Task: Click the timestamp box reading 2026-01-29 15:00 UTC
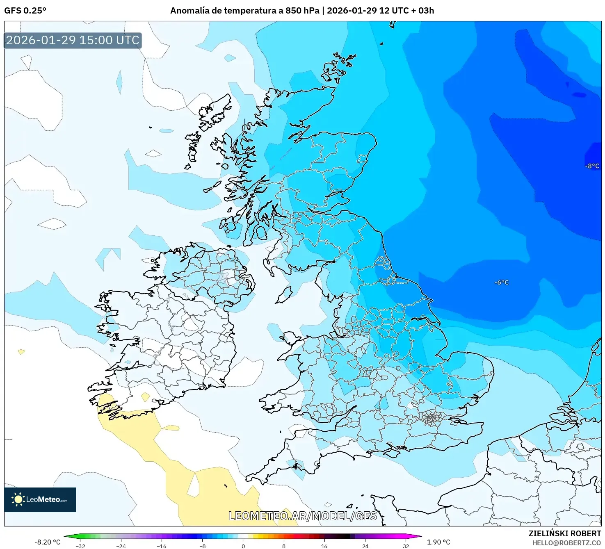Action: point(73,40)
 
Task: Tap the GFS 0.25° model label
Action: point(25,11)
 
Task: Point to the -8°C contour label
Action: point(592,166)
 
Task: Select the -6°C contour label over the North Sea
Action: point(501,282)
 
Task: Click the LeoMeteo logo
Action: point(40,499)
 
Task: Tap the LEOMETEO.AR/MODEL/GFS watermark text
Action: point(302,516)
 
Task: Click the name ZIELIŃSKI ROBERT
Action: point(564,533)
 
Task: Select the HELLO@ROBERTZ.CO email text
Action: point(566,543)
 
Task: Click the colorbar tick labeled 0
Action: point(243,546)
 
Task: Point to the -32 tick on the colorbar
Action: point(80,546)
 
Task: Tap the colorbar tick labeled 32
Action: point(406,546)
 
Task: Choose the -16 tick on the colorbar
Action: point(162,546)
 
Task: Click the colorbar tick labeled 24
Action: point(365,546)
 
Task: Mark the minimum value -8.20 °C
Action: point(47,542)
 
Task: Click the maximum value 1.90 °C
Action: point(438,542)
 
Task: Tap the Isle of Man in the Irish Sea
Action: point(284,295)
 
